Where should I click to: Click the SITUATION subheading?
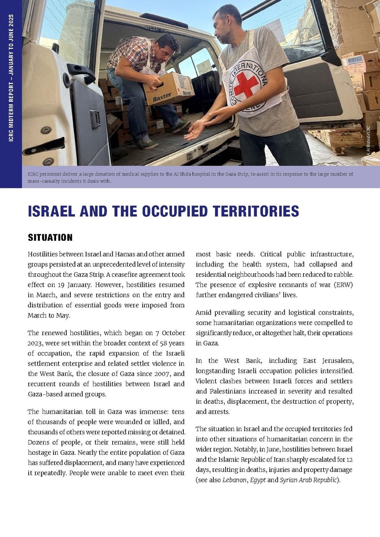point(50,237)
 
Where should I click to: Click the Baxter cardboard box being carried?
point(169,89)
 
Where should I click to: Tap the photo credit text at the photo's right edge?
point(368,138)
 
